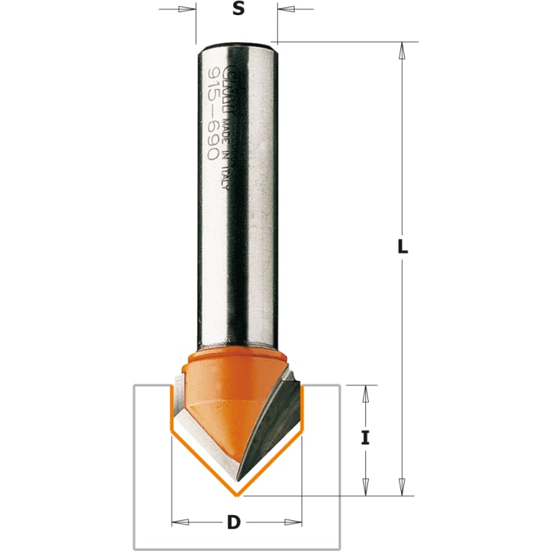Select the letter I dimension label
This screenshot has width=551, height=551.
coord(365,438)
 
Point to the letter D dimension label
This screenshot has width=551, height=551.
coord(235,523)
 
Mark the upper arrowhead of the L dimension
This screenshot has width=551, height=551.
coord(402,49)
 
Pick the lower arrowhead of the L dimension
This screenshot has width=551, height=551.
coord(402,489)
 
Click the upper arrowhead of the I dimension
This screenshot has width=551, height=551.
coord(365,391)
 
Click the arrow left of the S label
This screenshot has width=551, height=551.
coord(187,9)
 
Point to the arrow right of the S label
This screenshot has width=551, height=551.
coord(286,9)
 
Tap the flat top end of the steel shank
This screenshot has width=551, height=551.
coord(235,45)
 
